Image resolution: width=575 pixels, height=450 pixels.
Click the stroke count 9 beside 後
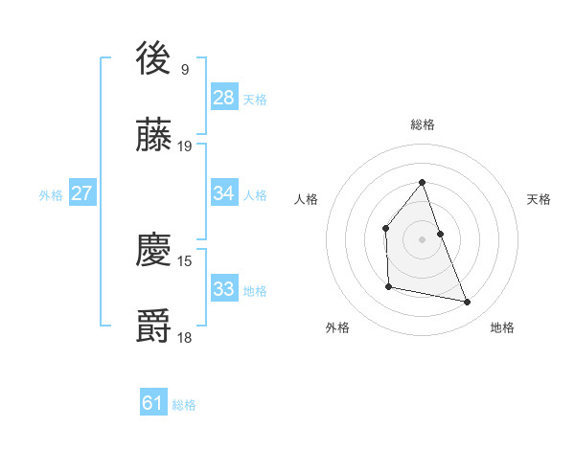click(x=184, y=69)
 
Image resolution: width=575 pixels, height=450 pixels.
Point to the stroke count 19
click(x=186, y=146)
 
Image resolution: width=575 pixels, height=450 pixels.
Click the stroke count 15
click(x=186, y=260)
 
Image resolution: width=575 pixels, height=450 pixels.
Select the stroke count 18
click(x=186, y=337)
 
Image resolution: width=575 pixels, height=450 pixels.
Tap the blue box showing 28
click(x=224, y=98)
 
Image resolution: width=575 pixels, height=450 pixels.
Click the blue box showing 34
click(x=224, y=193)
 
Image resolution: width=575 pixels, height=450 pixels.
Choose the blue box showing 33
click(x=224, y=289)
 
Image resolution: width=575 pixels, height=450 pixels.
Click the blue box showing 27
click(x=82, y=193)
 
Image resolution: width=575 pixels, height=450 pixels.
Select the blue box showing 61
click(x=153, y=404)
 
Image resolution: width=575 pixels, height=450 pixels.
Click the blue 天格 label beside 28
click(x=255, y=100)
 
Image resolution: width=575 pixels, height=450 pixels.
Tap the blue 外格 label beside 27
click(x=51, y=195)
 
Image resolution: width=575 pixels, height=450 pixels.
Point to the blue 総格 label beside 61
click(x=184, y=406)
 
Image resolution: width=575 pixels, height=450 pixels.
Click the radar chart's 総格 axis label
click(x=423, y=124)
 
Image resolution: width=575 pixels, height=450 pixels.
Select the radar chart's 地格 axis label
click(x=502, y=327)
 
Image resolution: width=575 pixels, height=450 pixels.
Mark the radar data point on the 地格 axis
click(x=468, y=303)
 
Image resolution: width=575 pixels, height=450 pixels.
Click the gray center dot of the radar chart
click(x=423, y=238)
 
